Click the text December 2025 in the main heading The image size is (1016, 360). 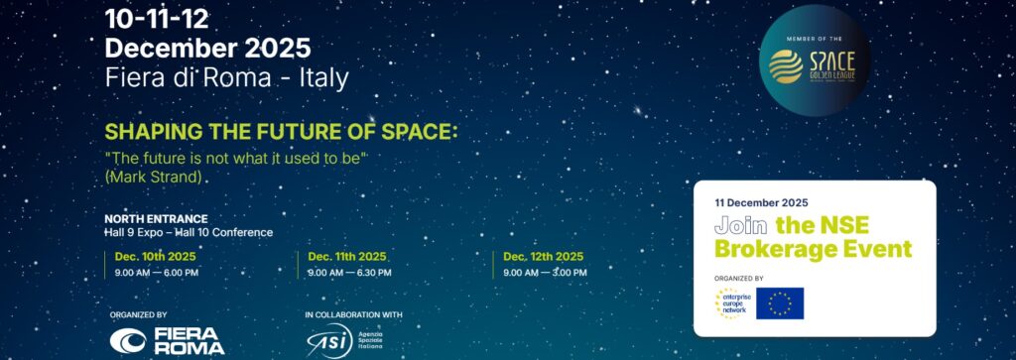pyautogui.click(x=207, y=47)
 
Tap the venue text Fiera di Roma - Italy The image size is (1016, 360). pyautogui.click(x=226, y=75)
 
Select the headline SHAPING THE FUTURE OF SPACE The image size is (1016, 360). pyautogui.click(x=282, y=132)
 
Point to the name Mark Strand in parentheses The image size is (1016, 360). pyautogui.click(x=158, y=176)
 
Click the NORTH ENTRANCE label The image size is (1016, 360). pyautogui.click(x=156, y=218)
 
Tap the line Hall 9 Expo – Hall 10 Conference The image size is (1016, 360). pyautogui.click(x=188, y=232)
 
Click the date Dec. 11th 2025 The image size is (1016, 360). pyautogui.click(x=346, y=256)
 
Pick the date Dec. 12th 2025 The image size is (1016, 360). pyautogui.click(x=542, y=256)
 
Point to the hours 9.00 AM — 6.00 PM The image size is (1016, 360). pyautogui.click(x=157, y=272)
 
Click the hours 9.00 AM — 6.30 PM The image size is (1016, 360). pyautogui.click(x=349, y=272)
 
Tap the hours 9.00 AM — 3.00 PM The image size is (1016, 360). pyautogui.click(x=545, y=272)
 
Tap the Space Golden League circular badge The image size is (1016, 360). pyautogui.click(x=813, y=60)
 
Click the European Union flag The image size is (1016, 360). pyautogui.click(x=780, y=303)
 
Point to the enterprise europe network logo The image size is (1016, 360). pyautogui.click(x=730, y=303)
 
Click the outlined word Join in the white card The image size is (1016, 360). pyautogui.click(x=741, y=225)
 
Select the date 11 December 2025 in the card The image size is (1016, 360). pyautogui.click(x=761, y=202)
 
